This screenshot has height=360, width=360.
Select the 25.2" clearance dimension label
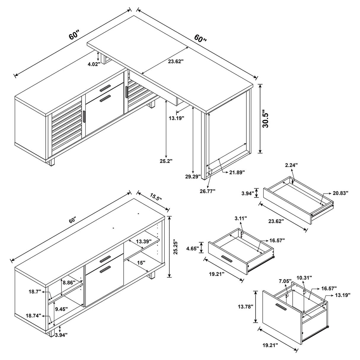point(166,161)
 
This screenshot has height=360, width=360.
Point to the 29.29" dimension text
point(193,177)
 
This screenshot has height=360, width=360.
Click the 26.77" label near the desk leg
point(207,191)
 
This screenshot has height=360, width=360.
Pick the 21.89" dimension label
point(236,172)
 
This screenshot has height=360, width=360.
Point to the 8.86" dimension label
point(70,283)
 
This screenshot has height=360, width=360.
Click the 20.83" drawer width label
point(340,193)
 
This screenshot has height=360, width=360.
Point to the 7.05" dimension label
point(285,281)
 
